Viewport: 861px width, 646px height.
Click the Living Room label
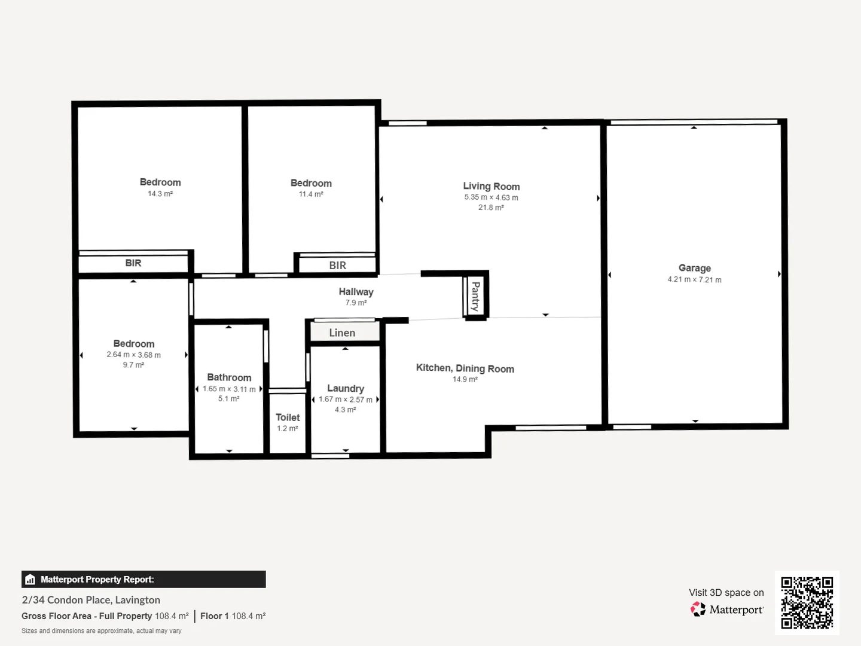tap(491, 186)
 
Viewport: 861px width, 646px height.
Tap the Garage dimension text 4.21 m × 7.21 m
tap(694, 279)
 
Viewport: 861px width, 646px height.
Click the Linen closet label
tap(342, 333)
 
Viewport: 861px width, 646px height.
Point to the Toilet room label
tap(288, 418)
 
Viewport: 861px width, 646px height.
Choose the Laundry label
tap(346, 388)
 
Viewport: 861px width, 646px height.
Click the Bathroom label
tap(229, 377)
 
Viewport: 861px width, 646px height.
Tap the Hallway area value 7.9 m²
tap(356, 303)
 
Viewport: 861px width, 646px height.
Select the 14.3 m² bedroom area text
tap(160, 194)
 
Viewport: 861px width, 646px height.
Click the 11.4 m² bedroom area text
tap(311, 194)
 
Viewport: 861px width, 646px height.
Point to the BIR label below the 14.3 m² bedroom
tap(133, 263)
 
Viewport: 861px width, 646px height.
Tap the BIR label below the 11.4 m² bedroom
tap(337, 266)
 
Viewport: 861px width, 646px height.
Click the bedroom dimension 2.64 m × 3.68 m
tap(133, 355)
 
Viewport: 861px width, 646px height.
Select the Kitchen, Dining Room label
tap(465, 368)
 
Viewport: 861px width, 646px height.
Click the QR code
tap(807, 602)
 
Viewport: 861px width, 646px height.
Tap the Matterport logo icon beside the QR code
tap(698, 610)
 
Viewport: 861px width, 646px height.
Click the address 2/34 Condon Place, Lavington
tap(91, 600)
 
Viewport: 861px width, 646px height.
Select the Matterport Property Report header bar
tap(143, 579)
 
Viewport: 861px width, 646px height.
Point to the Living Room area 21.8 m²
tap(491, 208)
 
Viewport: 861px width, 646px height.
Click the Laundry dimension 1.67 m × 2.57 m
tap(346, 400)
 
